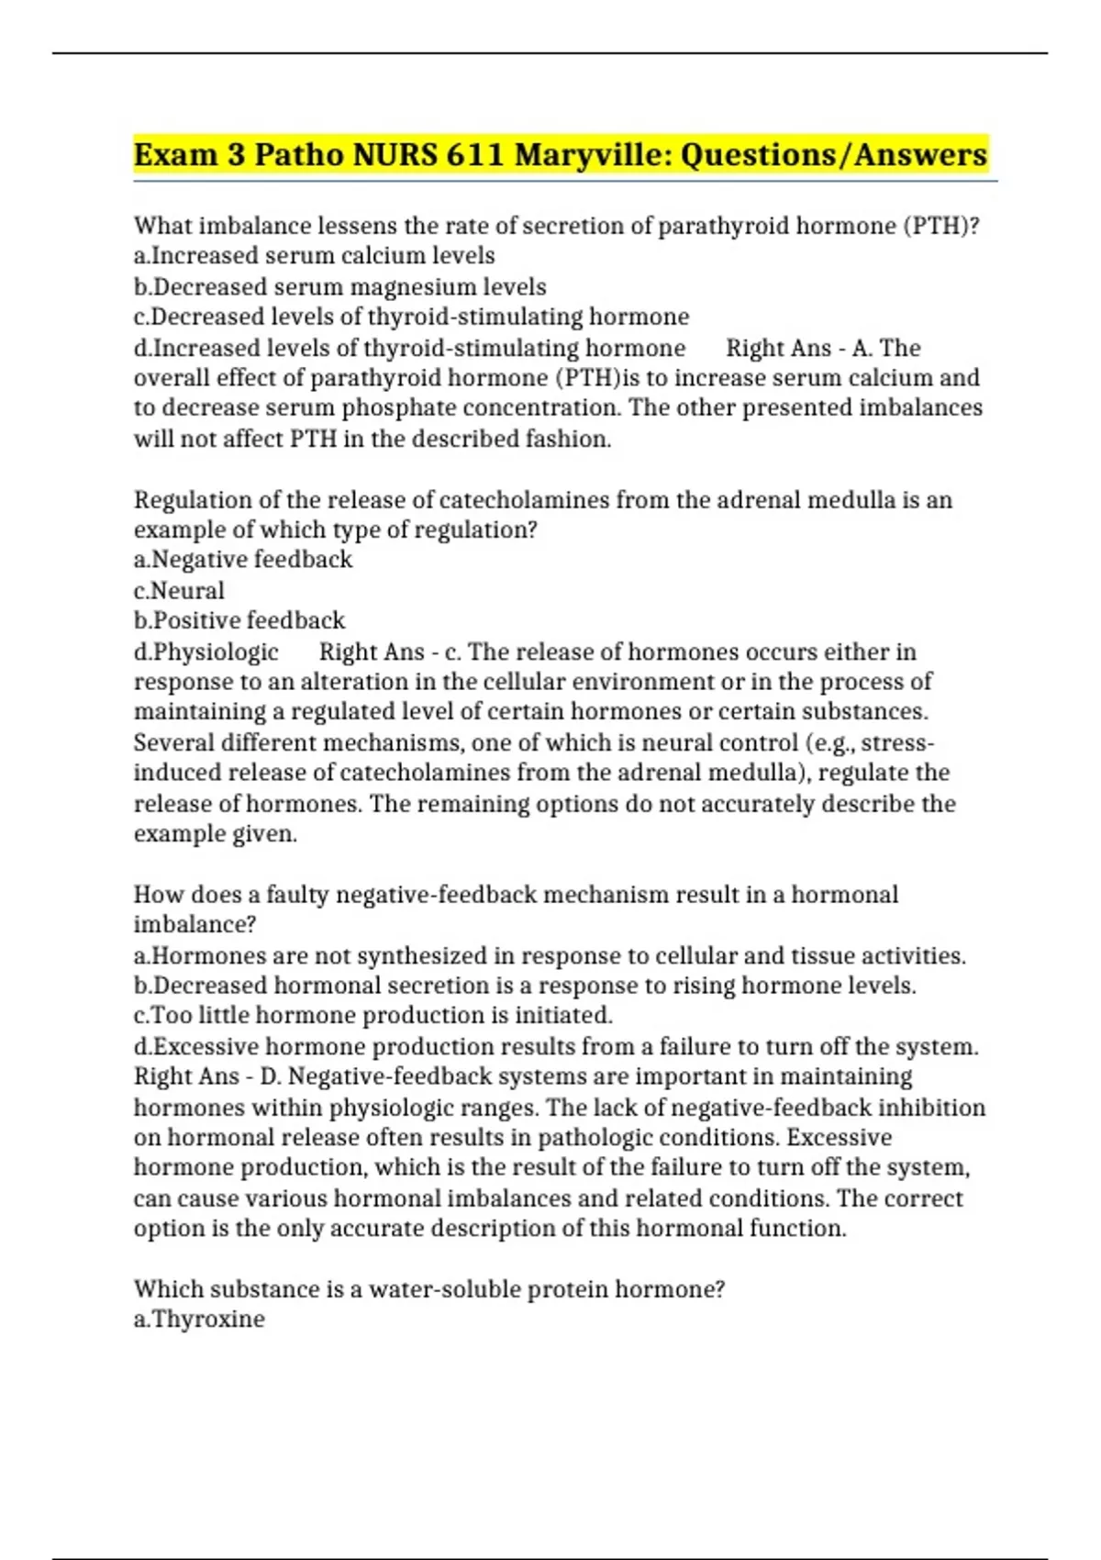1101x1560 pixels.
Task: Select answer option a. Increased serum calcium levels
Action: [x=315, y=255]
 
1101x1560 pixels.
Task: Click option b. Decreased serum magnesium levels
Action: [x=340, y=286]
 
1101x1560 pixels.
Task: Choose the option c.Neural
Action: [x=179, y=590]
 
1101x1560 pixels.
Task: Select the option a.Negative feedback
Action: [x=243, y=559]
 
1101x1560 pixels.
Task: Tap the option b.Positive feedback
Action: [x=239, y=620]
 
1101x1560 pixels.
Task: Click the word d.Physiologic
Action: [x=206, y=652]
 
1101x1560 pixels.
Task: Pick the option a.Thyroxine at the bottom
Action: [x=199, y=1319]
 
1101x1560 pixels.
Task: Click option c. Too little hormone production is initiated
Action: [x=373, y=1015]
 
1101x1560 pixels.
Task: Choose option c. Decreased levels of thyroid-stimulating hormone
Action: [x=411, y=317]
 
